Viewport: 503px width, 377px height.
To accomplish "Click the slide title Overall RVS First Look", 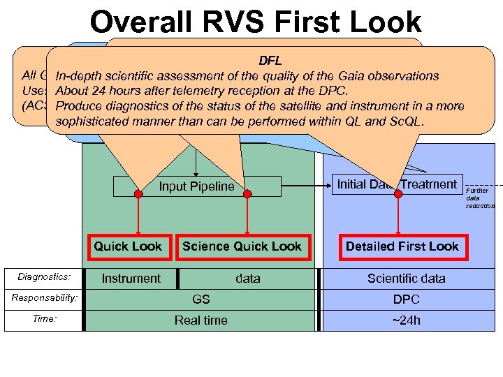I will click(256, 22).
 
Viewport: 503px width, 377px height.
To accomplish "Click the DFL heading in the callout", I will click(270, 61).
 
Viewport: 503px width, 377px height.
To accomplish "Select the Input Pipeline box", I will click(196, 186).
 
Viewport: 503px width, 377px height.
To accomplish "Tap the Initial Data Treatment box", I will click(397, 184).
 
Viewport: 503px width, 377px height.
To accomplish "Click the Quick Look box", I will click(128, 246).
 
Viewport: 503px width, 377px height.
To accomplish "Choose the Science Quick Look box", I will click(242, 246).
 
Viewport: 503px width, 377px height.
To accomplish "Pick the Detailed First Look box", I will click(402, 246).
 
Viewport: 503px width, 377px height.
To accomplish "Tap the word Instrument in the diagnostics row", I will click(131, 279).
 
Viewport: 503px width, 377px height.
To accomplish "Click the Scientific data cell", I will click(406, 279).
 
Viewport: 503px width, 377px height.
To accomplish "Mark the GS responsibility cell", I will click(201, 299).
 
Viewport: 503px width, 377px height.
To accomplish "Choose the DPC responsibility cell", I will click(406, 299).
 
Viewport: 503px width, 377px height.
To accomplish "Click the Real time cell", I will click(201, 320).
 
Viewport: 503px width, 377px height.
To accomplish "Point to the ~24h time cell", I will click(406, 320).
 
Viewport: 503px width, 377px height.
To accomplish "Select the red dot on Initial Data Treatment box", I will click(398, 194).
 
